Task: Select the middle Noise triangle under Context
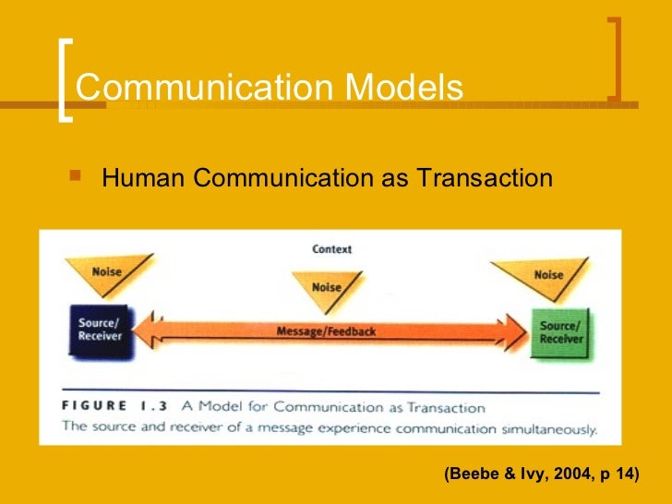326,285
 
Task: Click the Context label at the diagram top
331,249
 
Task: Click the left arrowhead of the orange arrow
148,330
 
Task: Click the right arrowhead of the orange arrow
512,330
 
